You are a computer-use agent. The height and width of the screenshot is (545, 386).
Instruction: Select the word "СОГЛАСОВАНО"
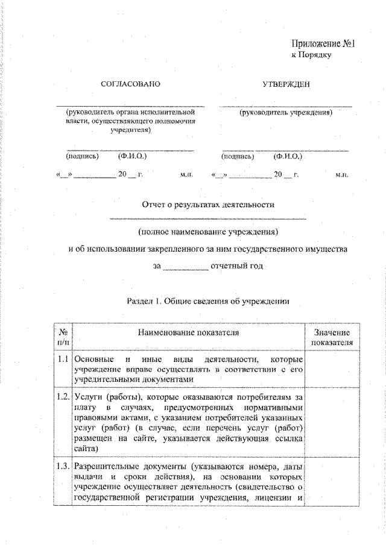(130, 84)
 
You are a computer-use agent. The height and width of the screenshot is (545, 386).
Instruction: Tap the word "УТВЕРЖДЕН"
(286, 84)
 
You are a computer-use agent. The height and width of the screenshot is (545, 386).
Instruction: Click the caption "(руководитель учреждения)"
(286, 112)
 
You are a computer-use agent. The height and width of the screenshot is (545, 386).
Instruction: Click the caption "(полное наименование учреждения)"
(208, 231)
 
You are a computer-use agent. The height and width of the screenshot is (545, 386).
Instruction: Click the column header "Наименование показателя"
(188, 332)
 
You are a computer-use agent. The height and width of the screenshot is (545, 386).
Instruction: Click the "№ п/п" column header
(63, 337)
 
